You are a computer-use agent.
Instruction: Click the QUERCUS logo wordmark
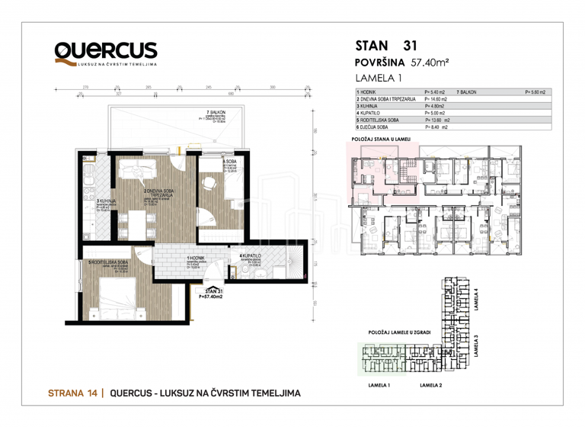tap(106, 51)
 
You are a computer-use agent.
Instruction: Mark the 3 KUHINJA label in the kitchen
tap(86, 201)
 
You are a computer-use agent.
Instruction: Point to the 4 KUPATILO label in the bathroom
tap(251, 255)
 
